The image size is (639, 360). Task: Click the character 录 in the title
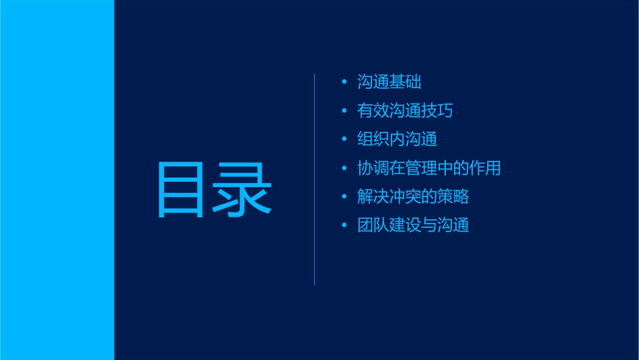point(243,190)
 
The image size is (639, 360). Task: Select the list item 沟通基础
point(389,83)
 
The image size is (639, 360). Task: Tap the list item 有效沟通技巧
point(405,111)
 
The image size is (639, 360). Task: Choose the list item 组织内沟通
point(398,139)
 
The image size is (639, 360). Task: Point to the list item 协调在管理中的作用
point(429,168)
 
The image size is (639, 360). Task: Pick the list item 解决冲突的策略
point(413,196)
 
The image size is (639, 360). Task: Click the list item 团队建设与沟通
point(413,225)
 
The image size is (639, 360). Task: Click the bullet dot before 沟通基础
point(344,83)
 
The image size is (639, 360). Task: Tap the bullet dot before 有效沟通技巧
point(344,111)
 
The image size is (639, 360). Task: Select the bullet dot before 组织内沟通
point(344,139)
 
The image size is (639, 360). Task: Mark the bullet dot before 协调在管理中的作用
point(344,168)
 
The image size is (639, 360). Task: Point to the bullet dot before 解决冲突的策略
point(344,196)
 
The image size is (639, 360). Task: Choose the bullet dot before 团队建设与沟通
point(344,225)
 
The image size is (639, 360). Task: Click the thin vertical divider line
point(315,180)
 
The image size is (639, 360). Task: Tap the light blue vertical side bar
point(57,180)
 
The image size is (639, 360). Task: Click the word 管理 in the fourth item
point(429,168)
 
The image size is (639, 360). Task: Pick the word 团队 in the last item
point(366,225)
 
